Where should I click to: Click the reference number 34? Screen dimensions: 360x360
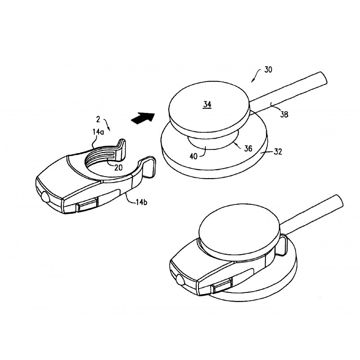(x=207, y=105)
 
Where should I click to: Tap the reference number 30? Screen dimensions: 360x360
(x=268, y=70)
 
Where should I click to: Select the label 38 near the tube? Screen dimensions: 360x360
(x=284, y=114)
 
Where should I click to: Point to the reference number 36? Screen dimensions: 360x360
(x=248, y=148)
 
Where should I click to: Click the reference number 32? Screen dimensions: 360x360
(x=278, y=152)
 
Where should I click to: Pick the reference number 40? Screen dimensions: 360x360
(x=193, y=156)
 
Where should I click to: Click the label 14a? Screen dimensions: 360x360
(x=98, y=132)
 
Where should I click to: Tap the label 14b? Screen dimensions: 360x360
(x=141, y=202)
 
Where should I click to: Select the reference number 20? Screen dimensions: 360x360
(x=118, y=168)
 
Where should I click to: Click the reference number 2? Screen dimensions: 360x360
(x=98, y=119)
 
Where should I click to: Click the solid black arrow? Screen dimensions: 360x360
(x=143, y=118)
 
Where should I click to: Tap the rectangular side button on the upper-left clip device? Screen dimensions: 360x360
(x=87, y=205)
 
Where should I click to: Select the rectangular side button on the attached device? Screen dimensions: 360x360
(x=222, y=286)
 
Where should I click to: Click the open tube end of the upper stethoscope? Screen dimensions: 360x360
(x=323, y=78)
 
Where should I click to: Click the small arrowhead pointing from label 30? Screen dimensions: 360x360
(x=253, y=80)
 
